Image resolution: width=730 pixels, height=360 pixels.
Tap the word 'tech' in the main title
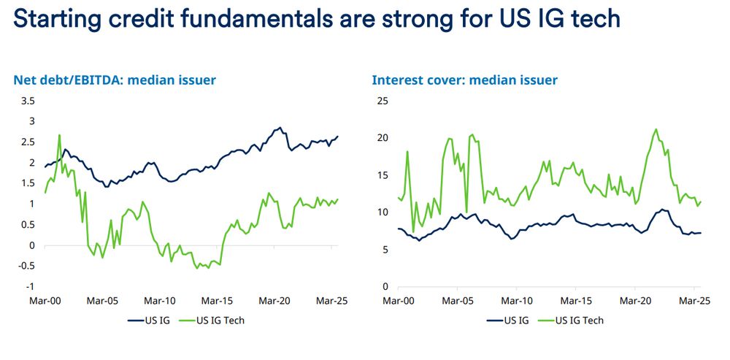593,18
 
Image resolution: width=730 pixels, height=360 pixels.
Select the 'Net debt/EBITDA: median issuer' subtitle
114,80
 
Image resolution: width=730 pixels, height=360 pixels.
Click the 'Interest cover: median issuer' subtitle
465,80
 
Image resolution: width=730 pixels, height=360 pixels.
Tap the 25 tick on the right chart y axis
381,100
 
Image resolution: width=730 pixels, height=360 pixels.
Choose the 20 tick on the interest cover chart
381,138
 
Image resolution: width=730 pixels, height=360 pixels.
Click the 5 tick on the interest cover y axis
384,250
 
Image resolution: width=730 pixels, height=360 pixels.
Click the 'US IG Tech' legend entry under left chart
220,320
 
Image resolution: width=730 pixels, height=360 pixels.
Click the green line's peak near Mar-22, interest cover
656,129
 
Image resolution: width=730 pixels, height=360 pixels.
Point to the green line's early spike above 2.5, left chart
59,134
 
